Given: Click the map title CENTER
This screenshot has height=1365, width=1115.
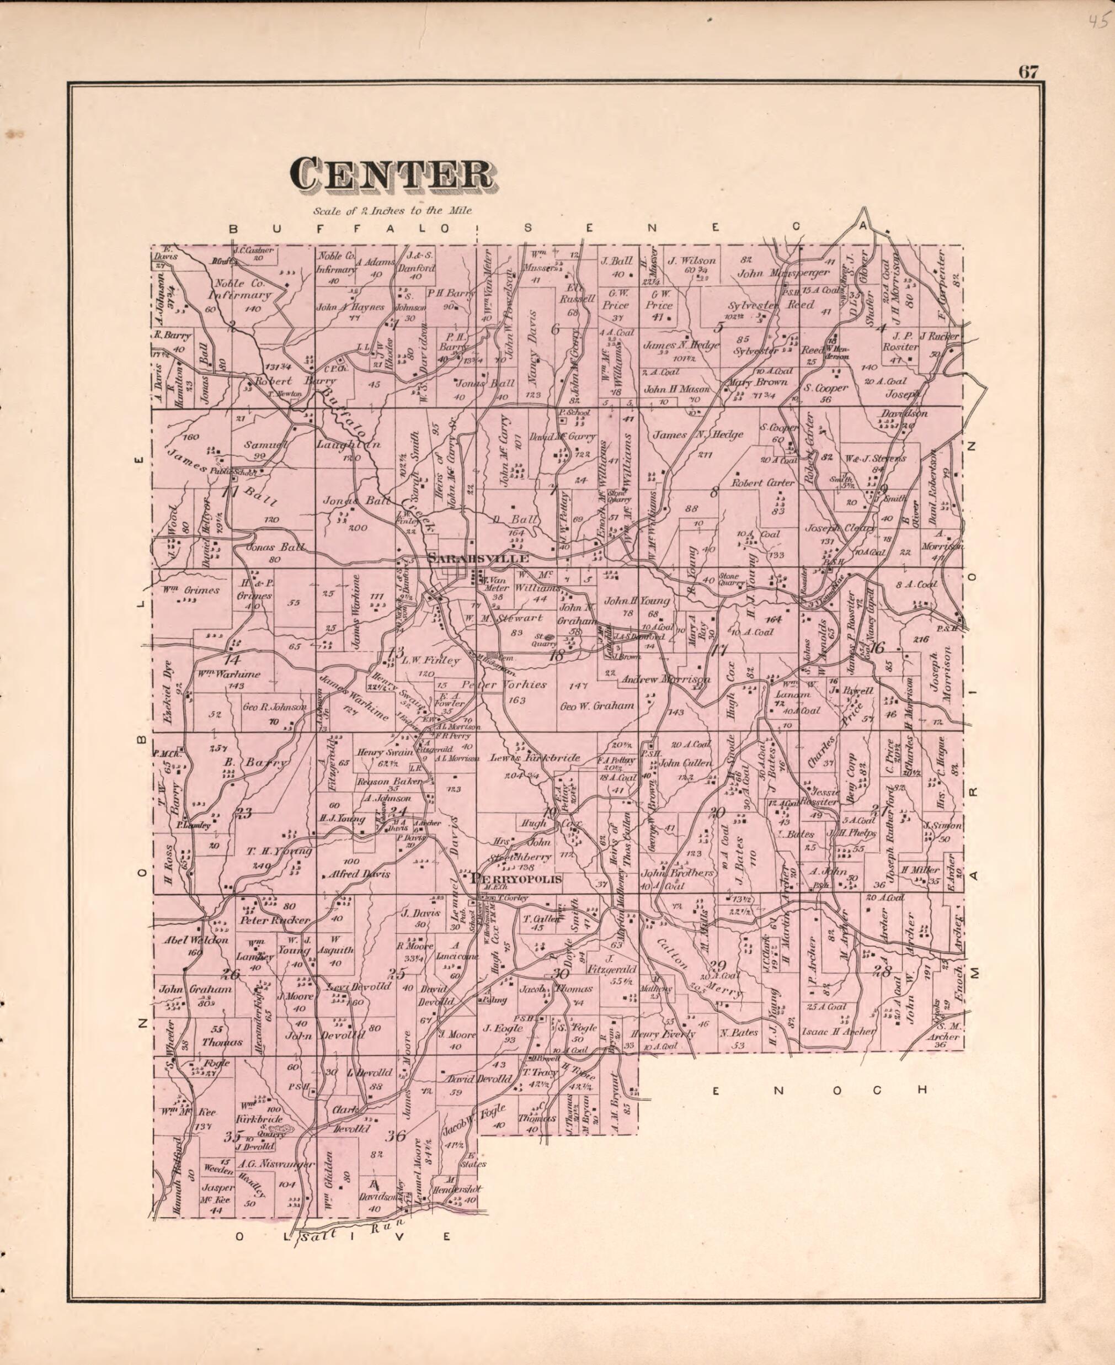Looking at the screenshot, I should click(x=392, y=176).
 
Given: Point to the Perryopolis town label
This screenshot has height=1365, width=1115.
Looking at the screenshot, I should click(x=516, y=879).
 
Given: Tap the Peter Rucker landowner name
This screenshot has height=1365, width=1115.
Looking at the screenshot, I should click(x=274, y=920).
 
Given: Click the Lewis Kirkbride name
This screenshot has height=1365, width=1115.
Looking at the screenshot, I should click(x=535, y=758).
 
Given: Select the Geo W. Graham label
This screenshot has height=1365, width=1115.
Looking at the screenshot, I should click(x=597, y=705).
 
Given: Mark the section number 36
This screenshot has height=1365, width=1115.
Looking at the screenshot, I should click(x=396, y=1135).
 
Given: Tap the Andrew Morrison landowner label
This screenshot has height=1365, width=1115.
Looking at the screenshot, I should click(x=665, y=679).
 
